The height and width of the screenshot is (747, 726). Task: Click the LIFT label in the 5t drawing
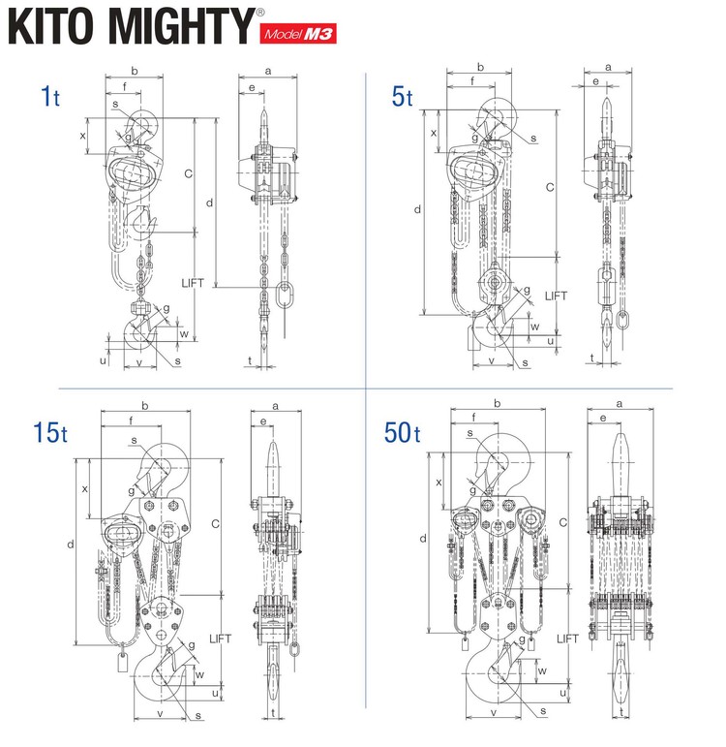(556, 296)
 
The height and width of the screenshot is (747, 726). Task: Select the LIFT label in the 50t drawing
(568, 639)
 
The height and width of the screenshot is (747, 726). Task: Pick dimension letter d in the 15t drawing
(71, 545)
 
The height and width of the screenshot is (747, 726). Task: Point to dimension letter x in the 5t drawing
(432, 132)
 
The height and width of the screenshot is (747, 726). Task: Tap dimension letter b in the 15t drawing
(144, 405)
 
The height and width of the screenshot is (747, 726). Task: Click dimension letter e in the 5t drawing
(595, 83)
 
